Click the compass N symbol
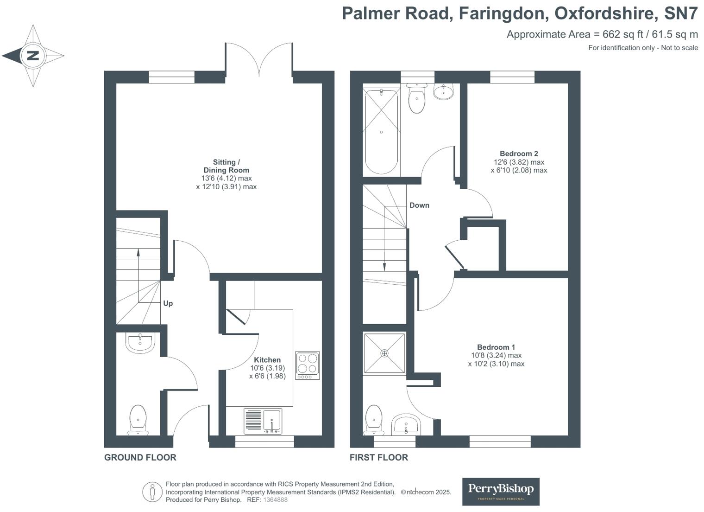tap(32, 56)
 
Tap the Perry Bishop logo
tap(500, 491)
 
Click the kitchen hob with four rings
tap(308, 365)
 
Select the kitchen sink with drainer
tap(263, 421)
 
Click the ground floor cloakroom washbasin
tap(139, 343)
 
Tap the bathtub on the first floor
tap(381, 132)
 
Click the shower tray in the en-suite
tap(384, 353)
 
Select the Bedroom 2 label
tap(519, 154)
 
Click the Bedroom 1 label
tap(496, 347)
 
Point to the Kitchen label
tap(267, 359)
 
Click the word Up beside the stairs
tap(168, 303)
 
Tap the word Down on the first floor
tap(419, 205)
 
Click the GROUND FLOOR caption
tap(140, 457)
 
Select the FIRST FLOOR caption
tap(378, 457)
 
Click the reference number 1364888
tap(275, 500)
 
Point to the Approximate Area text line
tap(602, 34)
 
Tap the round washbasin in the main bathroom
tap(443, 91)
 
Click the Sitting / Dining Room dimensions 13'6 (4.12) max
tap(226, 178)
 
